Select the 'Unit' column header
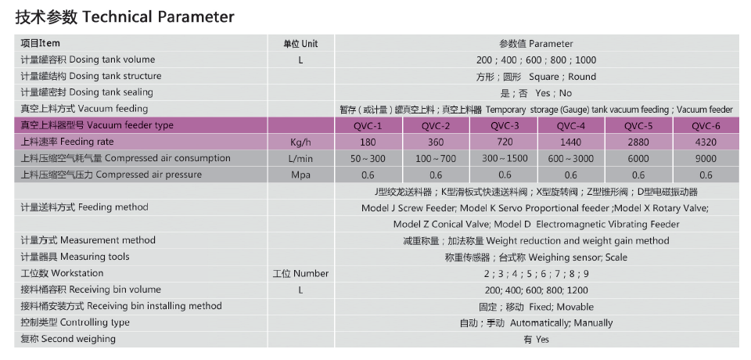tap(300, 44)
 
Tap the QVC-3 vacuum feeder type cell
tap(505, 126)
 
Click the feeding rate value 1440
tap(570, 142)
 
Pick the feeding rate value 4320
tap(706, 142)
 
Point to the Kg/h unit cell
tap(300, 142)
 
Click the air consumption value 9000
tap(706, 159)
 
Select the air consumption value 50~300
tap(368, 159)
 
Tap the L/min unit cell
tap(300, 159)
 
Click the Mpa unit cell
tap(300, 175)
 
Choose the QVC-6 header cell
tap(706, 126)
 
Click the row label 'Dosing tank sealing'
tap(87, 92)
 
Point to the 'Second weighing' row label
tap(68, 339)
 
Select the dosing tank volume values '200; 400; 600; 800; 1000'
tap(537, 60)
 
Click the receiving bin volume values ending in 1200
tap(537, 290)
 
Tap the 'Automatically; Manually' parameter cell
tap(537, 323)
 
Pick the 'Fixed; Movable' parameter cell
tap(537, 307)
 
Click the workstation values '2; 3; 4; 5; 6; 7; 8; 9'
tap(537, 274)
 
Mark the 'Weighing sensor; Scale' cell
tap(537, 257)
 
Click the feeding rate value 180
tap(368, 142)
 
